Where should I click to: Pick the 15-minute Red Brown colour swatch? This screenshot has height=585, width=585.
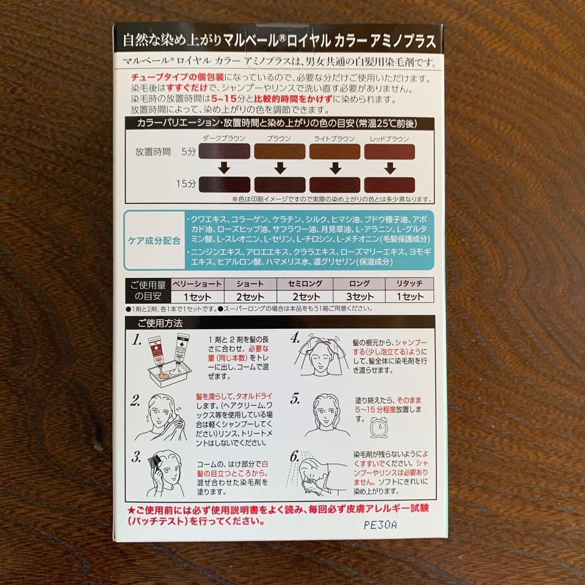click(x=390, y=185)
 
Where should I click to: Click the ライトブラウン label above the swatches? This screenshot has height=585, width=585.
click(x=334, y=139)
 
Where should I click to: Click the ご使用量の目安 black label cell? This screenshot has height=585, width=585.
click(x=146, y=290)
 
